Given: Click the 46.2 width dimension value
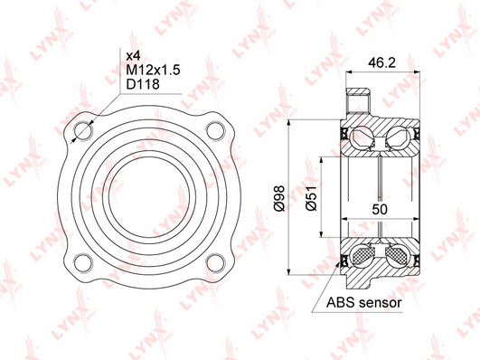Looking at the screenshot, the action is tap(381, 62).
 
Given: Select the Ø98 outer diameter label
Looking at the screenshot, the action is tap(279, 198).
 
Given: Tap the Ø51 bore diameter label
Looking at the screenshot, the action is tap(311, 198).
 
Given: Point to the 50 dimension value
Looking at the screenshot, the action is tap(380, 209).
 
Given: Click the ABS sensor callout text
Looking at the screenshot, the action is tap(363, 303).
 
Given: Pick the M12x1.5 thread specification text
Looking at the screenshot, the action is tap(153, 71).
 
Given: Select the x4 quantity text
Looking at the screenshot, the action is tap(133, 56).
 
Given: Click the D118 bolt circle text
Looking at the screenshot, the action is tap(143, 84).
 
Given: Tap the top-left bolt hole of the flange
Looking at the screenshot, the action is tap(83, 131).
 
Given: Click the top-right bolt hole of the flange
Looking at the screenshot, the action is tap(215, 131).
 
